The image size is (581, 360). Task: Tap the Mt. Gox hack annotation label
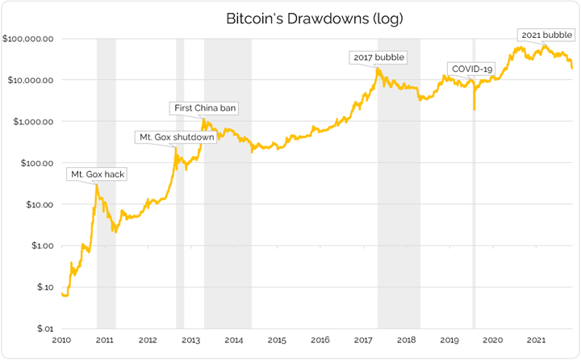(98, 174)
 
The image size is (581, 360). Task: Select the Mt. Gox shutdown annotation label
(177, 137)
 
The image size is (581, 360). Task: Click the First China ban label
(205, 107)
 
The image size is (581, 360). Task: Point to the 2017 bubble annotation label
(378, 57)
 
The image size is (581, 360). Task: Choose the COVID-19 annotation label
(472, 69)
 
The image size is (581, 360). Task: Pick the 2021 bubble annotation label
(545, 35)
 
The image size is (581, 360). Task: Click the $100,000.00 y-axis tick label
(28, 39)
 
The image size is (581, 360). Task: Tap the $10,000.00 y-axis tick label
(31, 80)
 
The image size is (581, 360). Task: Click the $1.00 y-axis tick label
(40, 246)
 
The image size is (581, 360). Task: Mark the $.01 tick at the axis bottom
(44, 329)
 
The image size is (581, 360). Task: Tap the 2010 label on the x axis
(61, 341)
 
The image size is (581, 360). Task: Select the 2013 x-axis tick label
(190, 341)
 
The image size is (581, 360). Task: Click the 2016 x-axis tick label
(320, 341)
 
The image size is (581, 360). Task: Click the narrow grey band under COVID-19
(474, 242)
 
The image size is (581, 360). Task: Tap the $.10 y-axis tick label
(43, 287)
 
